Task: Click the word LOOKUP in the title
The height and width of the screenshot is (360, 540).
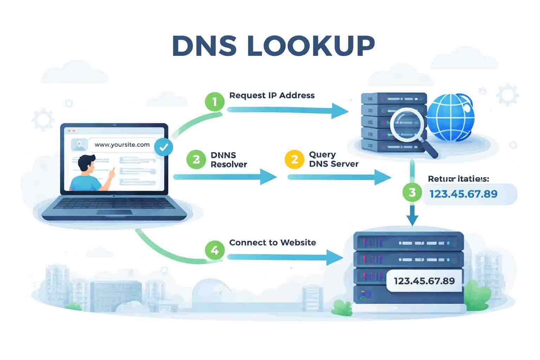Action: tap(311, 46)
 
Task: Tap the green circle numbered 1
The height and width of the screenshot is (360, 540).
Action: tap(214, 102)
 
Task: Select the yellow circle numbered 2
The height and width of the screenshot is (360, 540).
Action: tap(294, 160)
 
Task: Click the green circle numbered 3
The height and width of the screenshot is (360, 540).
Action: tap(412, 192)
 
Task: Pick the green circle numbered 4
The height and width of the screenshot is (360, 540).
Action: tap(214, 250)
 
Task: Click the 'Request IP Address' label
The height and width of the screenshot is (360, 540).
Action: tap(272, 96)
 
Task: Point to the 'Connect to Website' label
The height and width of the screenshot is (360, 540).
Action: tap(272, 243)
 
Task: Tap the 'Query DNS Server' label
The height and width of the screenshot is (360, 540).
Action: tap(333, 159)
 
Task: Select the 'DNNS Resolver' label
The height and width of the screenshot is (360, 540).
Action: tap(229, 160)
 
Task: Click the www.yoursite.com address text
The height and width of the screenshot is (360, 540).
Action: tap(122, 144)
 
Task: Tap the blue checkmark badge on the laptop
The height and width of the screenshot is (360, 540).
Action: tap(163, 147)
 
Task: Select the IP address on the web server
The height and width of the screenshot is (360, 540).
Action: tap(424, 281)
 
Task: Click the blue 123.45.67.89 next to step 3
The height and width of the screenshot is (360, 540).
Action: tap(463, 194)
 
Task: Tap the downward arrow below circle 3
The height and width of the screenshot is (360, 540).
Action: tap(412, 216)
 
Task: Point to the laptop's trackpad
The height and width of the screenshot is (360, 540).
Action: tap(115, 212)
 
